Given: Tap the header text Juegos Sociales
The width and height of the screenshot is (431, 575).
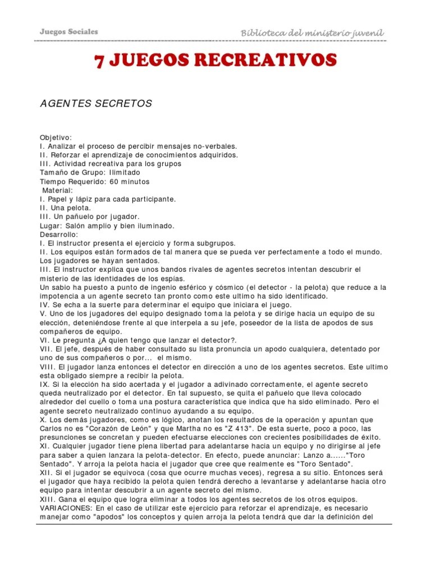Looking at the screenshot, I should coord(69,31).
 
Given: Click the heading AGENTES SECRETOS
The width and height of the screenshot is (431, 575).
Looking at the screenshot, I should coord(96,104).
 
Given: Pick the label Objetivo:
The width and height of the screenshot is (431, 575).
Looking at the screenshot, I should coord(56,138).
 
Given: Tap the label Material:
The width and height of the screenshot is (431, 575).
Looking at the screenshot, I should coord(57,190).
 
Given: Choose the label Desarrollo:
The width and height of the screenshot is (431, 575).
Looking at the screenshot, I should coord(59,234).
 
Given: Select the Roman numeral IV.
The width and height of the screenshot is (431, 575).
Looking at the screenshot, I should coord(44,305).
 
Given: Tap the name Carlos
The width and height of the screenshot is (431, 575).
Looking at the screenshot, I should coord(52,428).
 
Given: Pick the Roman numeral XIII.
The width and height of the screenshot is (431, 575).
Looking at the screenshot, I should coord(48,499).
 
